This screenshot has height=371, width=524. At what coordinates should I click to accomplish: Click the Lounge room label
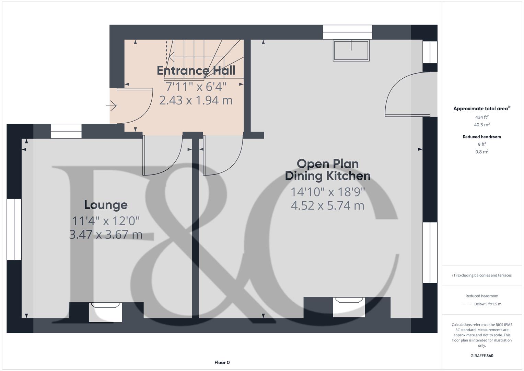pos(106,205)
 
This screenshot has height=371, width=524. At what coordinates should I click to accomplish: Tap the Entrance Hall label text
pos(196,70)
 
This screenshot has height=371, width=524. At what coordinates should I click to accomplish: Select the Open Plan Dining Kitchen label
pos(327,170)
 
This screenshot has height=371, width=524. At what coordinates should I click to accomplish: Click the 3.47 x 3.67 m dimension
pos(106,235)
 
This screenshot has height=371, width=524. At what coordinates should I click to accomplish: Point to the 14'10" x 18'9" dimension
pos(327,192)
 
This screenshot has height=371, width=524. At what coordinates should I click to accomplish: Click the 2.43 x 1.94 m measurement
pos(196,100)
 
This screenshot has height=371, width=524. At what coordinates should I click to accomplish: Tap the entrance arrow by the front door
pos(111,106)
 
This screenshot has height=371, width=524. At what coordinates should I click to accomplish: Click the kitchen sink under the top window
pos(351,50)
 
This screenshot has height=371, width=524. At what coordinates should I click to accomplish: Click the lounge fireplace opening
pos(105,312)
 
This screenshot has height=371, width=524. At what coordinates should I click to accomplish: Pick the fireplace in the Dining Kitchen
pos(349,307)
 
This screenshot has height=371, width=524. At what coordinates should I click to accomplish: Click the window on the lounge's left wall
pos(14,229)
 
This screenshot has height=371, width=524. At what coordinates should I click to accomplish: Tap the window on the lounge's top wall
pos(66,131)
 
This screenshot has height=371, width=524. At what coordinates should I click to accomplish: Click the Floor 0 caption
pos(222,362)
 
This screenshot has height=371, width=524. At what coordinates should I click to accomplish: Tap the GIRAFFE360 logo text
pos(481,356)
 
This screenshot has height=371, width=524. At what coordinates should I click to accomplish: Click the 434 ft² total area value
pos(481,117)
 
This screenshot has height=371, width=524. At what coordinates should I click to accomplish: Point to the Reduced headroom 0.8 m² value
pos(481,151)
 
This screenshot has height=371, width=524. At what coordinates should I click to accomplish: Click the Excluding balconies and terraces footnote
pos(481,275)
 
